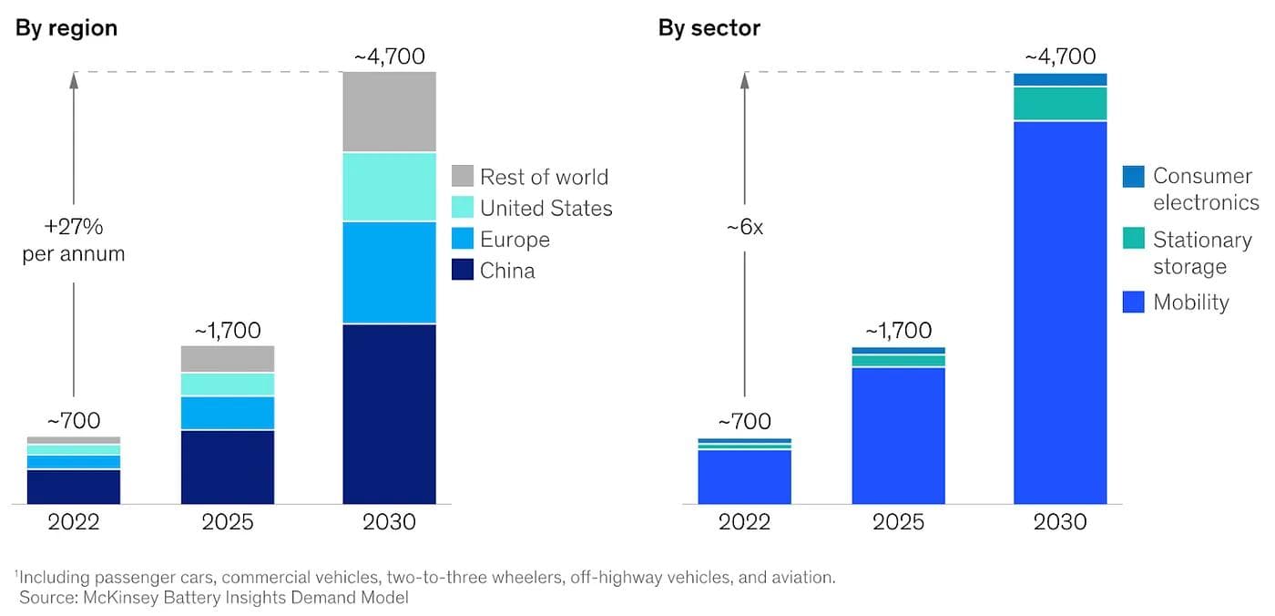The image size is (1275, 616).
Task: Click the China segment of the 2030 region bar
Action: pos(389,414)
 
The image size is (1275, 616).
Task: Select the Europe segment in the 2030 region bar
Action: pos(389,272)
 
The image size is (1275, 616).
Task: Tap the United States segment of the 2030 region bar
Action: pos(389,187)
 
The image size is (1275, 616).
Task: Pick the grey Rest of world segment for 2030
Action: pos(389,112)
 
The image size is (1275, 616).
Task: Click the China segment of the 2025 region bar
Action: pos(228,467)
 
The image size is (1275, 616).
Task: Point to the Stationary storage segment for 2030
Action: pos(1060,104)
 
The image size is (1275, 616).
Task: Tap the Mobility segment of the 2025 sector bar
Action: pos(898,435)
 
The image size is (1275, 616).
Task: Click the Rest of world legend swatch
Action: pos(463,177)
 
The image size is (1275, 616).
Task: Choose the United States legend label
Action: pos(546,209)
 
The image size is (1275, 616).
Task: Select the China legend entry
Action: pos(506,271)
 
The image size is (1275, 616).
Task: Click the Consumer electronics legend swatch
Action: pos(1133,177)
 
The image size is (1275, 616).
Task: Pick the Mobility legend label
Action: pos(1190,303)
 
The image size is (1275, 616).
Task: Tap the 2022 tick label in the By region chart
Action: pos(74,522)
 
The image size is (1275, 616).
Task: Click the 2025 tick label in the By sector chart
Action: pos(898,522)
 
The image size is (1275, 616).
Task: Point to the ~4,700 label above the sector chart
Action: pos(1059,56)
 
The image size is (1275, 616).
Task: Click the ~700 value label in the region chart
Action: pos(74,421)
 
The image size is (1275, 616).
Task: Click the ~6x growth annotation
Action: pos(744,228)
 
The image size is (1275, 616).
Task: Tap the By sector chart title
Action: pos(709,27)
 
